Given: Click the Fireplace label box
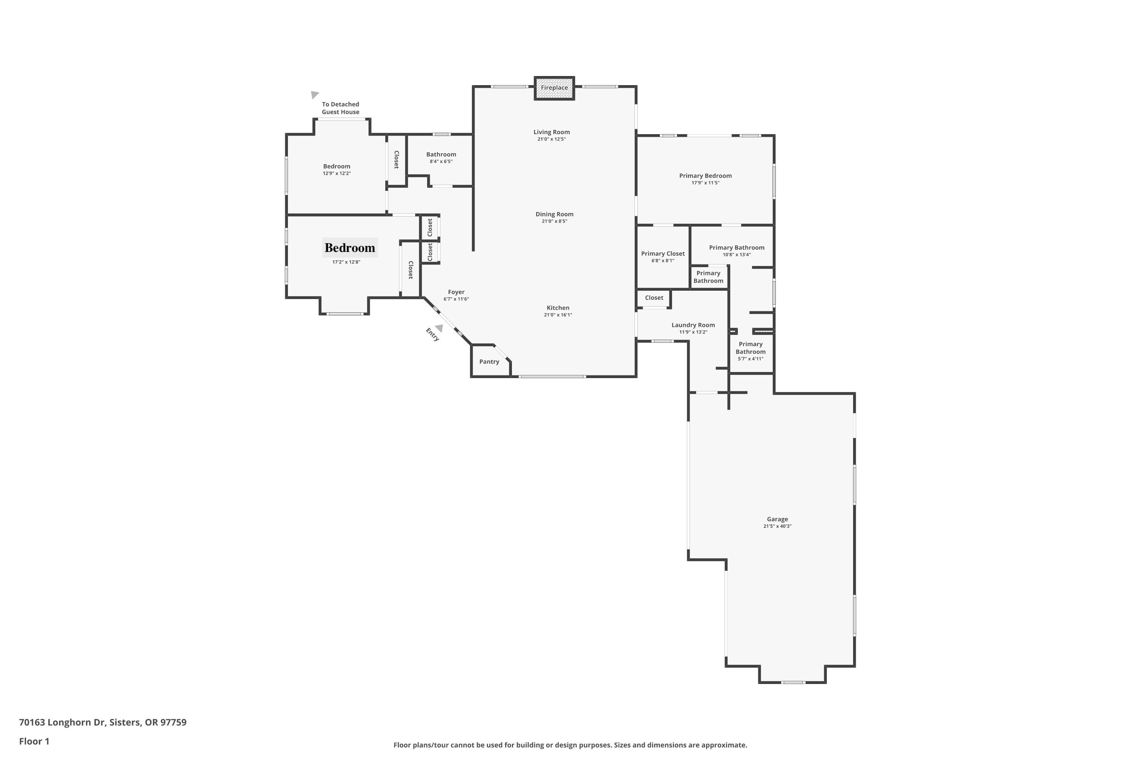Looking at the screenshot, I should tap(554, 88).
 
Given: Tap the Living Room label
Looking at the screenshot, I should tap(551, 132).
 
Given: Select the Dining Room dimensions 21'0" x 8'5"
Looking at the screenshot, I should tap(554, 222).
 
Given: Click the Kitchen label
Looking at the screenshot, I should tap(558, 308).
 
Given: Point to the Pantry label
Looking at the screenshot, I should tap(489, 362).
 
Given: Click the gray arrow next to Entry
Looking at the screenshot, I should tap(439, 328).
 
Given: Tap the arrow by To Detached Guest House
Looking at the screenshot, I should tap(315, 95).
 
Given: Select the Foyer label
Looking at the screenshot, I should tap(456, 292).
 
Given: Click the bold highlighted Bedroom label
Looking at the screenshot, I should tap(350, 248).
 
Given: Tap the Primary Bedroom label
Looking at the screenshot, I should tap(706, 176).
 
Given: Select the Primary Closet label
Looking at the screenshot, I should tap(663, 253).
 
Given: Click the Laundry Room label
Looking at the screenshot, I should tap(693, 325).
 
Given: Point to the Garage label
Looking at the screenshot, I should tap(777, 519).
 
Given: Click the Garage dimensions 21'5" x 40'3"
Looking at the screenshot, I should tap(777, 526).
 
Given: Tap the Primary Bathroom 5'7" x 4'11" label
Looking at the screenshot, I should tap(750, 351).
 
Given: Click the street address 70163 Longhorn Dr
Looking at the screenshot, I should tap(103, 722).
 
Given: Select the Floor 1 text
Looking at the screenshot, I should tap(34, 741).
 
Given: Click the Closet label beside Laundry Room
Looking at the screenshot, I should tap(654, 298).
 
